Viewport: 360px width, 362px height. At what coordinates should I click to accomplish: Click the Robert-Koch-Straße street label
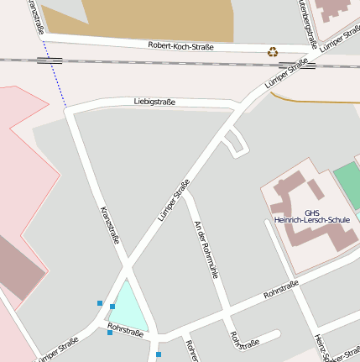tap(180, 47)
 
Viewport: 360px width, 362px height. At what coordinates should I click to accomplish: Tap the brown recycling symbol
tap(273, 52)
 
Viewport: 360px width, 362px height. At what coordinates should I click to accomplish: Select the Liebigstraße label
tap(154, 102)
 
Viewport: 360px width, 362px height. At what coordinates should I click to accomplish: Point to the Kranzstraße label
tap(110, 224)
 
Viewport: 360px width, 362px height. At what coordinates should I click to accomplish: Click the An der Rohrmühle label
tap(206, 249)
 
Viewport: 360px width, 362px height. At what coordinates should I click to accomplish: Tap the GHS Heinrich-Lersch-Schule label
tap(311, 217)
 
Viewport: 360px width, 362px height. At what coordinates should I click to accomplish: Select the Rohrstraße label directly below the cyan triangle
tap(126, 329)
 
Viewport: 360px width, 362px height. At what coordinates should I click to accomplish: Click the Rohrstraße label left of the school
tap(281, 291)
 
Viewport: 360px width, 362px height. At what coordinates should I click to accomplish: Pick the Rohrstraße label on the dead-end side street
tap(243, 340)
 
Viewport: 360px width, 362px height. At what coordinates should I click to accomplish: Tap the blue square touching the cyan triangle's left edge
tap(112, 307)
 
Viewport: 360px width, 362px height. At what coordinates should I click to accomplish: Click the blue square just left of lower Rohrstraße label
tap(109, 333)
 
